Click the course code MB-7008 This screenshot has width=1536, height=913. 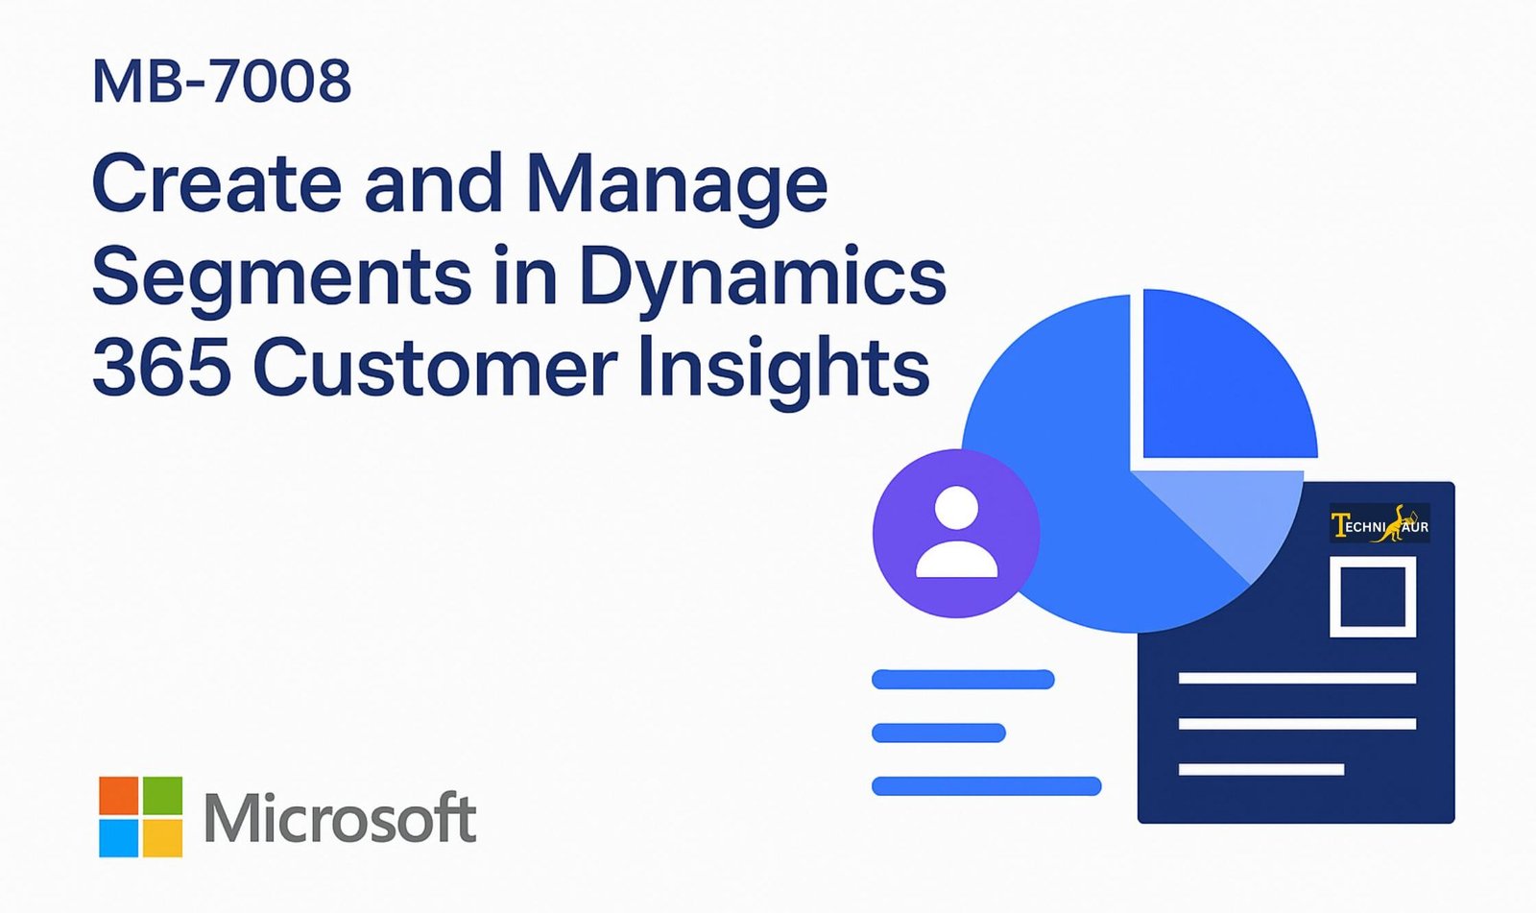pos(222,81)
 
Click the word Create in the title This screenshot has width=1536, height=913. pos(217,183)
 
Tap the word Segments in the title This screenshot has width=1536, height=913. pos(282,276)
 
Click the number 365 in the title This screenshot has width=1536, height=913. pos(160,369)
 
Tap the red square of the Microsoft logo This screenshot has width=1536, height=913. pos(119,795)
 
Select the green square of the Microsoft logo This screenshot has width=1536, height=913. pos(162,795)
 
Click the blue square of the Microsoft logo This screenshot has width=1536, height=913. pos(119,838)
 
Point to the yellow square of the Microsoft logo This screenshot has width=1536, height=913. pos(162,838)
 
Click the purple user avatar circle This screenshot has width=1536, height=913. pos(956,534)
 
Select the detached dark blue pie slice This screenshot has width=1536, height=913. pos(1220,384)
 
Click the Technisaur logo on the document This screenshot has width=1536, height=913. pos(1380,523)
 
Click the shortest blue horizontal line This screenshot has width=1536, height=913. pos(939,733)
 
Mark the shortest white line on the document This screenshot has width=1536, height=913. pos(1261,770)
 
